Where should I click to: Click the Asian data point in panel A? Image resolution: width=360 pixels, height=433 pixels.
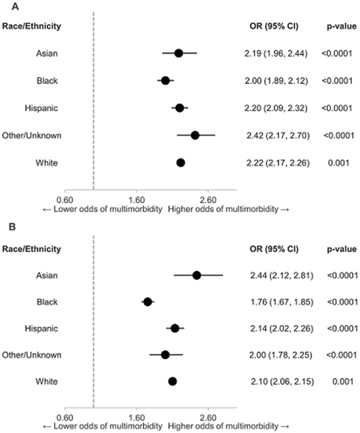tap(179, 53)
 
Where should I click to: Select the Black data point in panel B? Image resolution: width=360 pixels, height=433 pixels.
tap(148, 301)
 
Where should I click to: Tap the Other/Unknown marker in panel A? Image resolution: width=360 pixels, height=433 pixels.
tap(195, 135)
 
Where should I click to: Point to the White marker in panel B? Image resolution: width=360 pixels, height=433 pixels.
tap(172, 381)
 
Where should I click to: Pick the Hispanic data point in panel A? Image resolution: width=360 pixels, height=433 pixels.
tap(179, 108)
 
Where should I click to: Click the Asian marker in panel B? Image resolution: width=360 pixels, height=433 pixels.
tap(197, 275)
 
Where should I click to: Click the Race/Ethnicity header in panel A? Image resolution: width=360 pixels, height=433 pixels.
tap(32, 25)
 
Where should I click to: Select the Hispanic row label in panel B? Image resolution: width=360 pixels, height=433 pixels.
tap(41, 328)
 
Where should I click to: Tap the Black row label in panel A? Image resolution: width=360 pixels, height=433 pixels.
tap(47, 80)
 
